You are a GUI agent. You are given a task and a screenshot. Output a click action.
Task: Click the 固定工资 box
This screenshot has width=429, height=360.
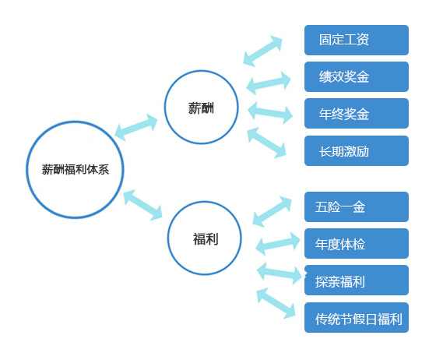coord(357,40)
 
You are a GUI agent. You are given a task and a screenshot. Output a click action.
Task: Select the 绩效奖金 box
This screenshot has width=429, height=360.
coord(357,76)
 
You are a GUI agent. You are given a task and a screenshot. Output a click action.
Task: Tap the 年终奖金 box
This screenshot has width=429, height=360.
coord(357,113)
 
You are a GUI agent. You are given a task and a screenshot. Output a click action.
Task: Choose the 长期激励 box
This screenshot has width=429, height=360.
coord(357,150)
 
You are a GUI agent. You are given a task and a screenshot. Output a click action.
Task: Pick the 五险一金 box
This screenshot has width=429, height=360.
coord(357,206)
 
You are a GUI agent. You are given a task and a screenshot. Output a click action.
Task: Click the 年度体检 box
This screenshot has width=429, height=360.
coord(357,243)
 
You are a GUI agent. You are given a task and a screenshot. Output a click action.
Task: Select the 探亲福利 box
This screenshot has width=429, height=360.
coord(357,280)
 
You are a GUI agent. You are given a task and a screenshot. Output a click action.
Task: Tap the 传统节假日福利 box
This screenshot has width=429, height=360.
coord(357,318)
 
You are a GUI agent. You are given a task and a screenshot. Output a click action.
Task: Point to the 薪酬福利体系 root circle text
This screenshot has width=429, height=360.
coord(76,170)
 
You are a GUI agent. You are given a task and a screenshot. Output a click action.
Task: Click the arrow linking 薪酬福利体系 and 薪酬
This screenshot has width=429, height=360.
coord(136,127)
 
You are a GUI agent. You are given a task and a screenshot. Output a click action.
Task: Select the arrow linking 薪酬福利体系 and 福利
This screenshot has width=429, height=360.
coord(142,205)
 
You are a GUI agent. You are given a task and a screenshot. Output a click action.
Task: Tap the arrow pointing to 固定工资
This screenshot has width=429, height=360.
coord(262,51)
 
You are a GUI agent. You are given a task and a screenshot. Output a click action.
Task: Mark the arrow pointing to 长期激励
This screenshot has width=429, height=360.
coord(266,143)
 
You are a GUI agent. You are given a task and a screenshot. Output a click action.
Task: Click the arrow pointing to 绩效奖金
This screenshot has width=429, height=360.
coord(268,83)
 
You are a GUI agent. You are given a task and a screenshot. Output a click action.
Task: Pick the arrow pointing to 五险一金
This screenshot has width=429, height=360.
coord(272,211)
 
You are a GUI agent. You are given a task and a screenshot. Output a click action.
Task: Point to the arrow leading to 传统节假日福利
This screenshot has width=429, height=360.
coord(276,303)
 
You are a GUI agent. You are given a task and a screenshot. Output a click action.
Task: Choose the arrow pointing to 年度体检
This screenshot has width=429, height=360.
coord(278,244)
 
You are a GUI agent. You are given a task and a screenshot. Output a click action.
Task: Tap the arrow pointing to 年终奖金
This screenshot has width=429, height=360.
coord(270,113)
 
